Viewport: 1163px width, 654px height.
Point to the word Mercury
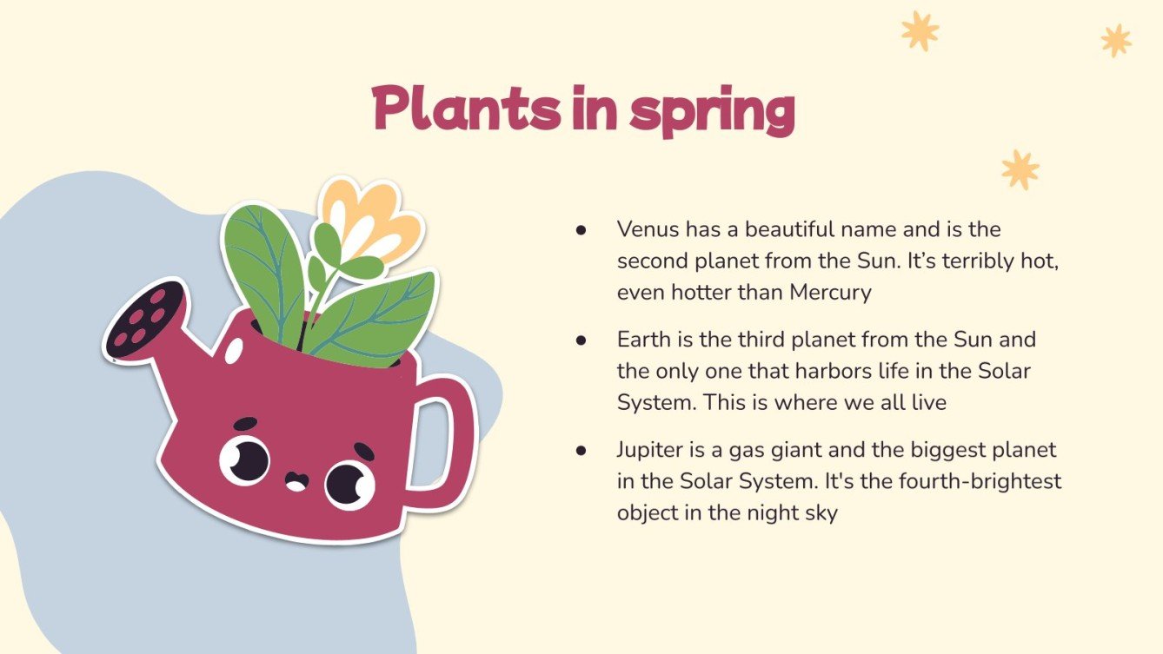[x=830, y=293]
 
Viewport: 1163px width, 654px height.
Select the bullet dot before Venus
[x=581, y=230]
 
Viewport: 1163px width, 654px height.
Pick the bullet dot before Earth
[x=581, y=340]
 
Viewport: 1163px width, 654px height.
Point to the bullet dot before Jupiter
[x=581, y=451]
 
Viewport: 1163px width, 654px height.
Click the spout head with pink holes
[x=146, y=319]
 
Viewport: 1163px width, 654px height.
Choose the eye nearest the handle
[x=349, y=484]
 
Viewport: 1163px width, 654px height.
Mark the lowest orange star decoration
[x=1020, y=169]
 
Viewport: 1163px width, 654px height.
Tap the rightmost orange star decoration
[x=1116, y=40]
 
